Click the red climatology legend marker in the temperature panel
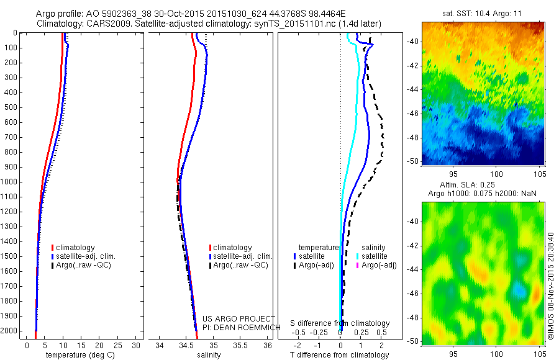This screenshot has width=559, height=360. tap(53, 248)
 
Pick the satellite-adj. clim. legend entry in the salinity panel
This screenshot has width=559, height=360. tap(242, 256)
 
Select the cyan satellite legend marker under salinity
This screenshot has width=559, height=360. tap(357, 256)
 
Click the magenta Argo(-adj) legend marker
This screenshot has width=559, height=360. tap(357, 265)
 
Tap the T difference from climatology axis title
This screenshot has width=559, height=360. tap(340, 355)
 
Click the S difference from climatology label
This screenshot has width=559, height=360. tap(340, 323)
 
